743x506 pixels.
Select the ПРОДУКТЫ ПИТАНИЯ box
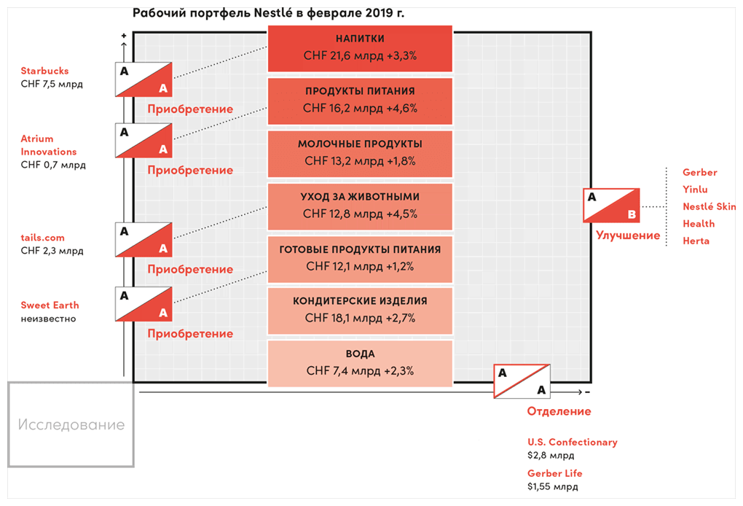pyautogui.click(x=360, y=101)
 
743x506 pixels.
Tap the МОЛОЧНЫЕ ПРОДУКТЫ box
pyautogui.click(x=360, y=153)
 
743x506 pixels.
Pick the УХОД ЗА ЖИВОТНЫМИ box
pyautogui.click(x=360, y=206)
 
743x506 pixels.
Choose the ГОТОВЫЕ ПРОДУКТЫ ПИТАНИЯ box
pyautogui.click(x=360, y=259)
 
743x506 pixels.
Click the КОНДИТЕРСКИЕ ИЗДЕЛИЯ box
pyautogui.click(x=360, y=311)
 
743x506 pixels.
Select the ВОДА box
pyautogui.click(x=360, y=363)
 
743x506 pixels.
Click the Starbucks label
pyautogui.click(x=45, y=71)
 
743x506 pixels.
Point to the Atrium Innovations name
pyautogui.click(x=49, y=145)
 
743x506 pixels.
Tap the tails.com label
pyautogui.click(x=43, y=238)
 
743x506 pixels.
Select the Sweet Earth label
pyautogui.click(x=50, y=305)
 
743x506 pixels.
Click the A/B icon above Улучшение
pyautogui.click(x=612, y=206)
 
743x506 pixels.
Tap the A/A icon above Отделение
pyautogui.click(x=522, y=381)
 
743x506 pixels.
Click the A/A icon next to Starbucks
pyautogui.click(x=144, y=79)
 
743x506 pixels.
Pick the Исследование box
pyautogui.click(x=71, y=424)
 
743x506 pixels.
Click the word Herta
pyautogui.click(x=696, y=241)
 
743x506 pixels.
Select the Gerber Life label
pyautogui.click(x=555, y=473)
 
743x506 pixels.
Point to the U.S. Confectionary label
pyautogui.click(x=573, y=442)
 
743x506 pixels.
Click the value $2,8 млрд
pyautogui.click(x=551, y=455)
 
